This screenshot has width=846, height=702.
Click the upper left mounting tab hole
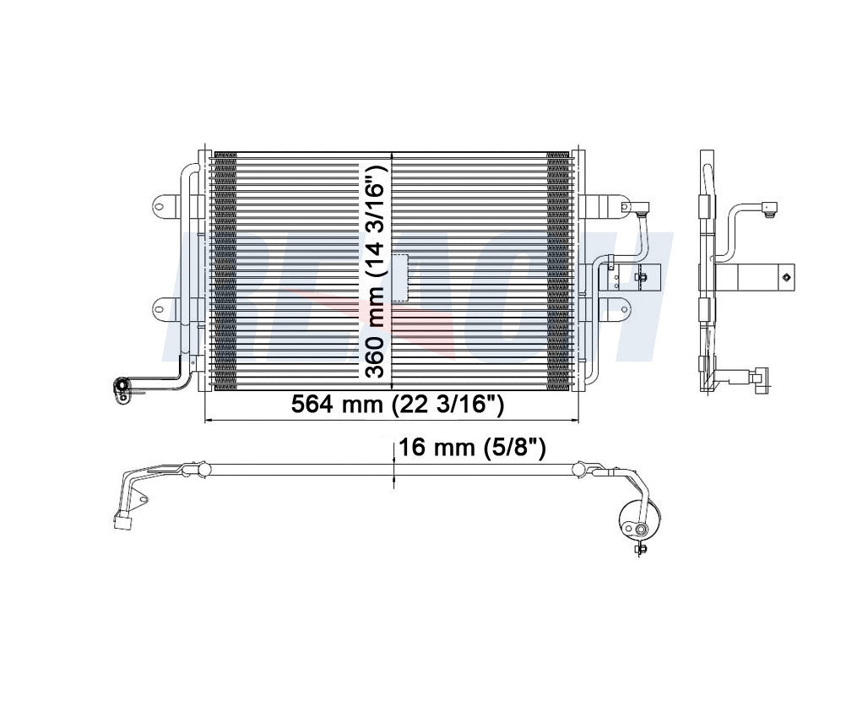[x=160, y=205]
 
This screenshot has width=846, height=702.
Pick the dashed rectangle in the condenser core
[x=398, y=278]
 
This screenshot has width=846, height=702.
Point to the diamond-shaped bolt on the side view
[x=785, y=276]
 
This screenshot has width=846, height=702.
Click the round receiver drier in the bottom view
[x=639, y=518]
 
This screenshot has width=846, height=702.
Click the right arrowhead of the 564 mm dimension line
[x=573, y=420]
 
